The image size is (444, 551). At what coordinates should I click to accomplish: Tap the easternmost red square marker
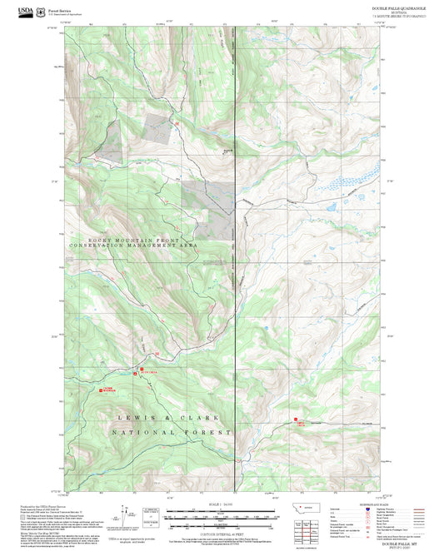(x=295, y=419)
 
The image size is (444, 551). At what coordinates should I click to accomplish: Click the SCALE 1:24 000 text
(x=221, y=505)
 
